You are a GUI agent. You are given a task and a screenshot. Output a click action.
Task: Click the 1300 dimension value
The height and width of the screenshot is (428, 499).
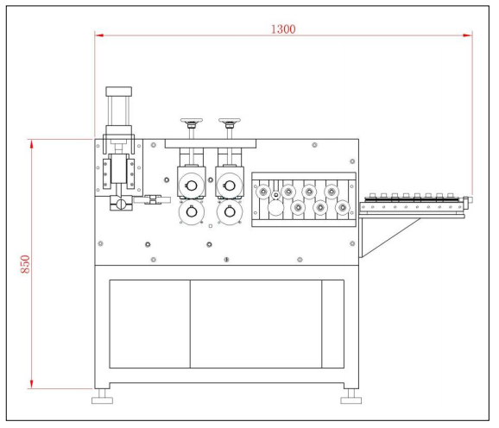[x=283, y=29]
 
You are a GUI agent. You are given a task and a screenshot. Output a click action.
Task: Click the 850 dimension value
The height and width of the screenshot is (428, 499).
[x=25, y=264]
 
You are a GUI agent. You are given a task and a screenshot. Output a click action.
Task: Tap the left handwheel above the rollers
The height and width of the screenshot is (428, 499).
[x=192, y=121]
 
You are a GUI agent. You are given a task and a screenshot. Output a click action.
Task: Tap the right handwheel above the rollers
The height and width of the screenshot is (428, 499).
[x=230, y=121]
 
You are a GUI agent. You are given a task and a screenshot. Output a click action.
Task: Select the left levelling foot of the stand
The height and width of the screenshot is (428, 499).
[x=102, y=397]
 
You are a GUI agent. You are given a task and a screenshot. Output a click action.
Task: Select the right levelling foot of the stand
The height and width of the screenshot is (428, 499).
[x=351, y=397]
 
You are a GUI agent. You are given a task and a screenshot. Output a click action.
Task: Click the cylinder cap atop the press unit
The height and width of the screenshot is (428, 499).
[x=118, y=91]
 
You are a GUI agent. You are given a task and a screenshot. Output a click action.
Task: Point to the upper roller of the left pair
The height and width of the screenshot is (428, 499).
[x=192, y=186]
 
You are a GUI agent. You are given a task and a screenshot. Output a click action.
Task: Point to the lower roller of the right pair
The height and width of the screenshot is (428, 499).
[x=230, y=211]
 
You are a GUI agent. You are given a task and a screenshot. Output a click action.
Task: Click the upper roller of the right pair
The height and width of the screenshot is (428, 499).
[x=230, y=186]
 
